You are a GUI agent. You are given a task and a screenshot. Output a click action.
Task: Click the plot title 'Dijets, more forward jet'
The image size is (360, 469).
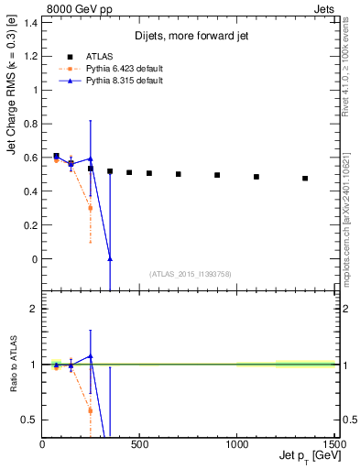pyautogui.click(x=190, y=37)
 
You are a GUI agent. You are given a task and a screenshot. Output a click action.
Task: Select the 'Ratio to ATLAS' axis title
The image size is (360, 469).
pyautogui.click(x=12, y=364)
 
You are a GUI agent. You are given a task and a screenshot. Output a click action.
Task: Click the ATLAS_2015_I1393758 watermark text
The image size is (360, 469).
pyautogui.click(x=190, y=273)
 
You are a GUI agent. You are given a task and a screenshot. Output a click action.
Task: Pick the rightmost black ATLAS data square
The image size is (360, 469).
pyautogui.click(x=305, y=179)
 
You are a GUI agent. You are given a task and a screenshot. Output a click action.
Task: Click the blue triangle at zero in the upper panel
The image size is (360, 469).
pyautogui.click(x=110, y=259)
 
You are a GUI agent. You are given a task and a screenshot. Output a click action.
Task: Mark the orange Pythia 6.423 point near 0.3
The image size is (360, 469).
pyautogui.click(x=90, y=208)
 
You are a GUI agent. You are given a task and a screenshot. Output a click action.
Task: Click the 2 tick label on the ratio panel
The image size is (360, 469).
pyautogui.click(x=34, y=309)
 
